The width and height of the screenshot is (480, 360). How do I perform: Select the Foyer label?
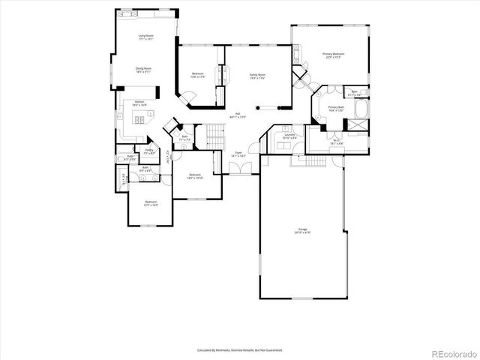(x=239, y=153)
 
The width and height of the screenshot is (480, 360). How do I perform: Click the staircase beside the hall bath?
(x=216, y=136)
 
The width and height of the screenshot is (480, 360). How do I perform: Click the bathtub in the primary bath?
(x=361, y=109)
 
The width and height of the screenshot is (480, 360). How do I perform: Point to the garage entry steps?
(x=316, y=161)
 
